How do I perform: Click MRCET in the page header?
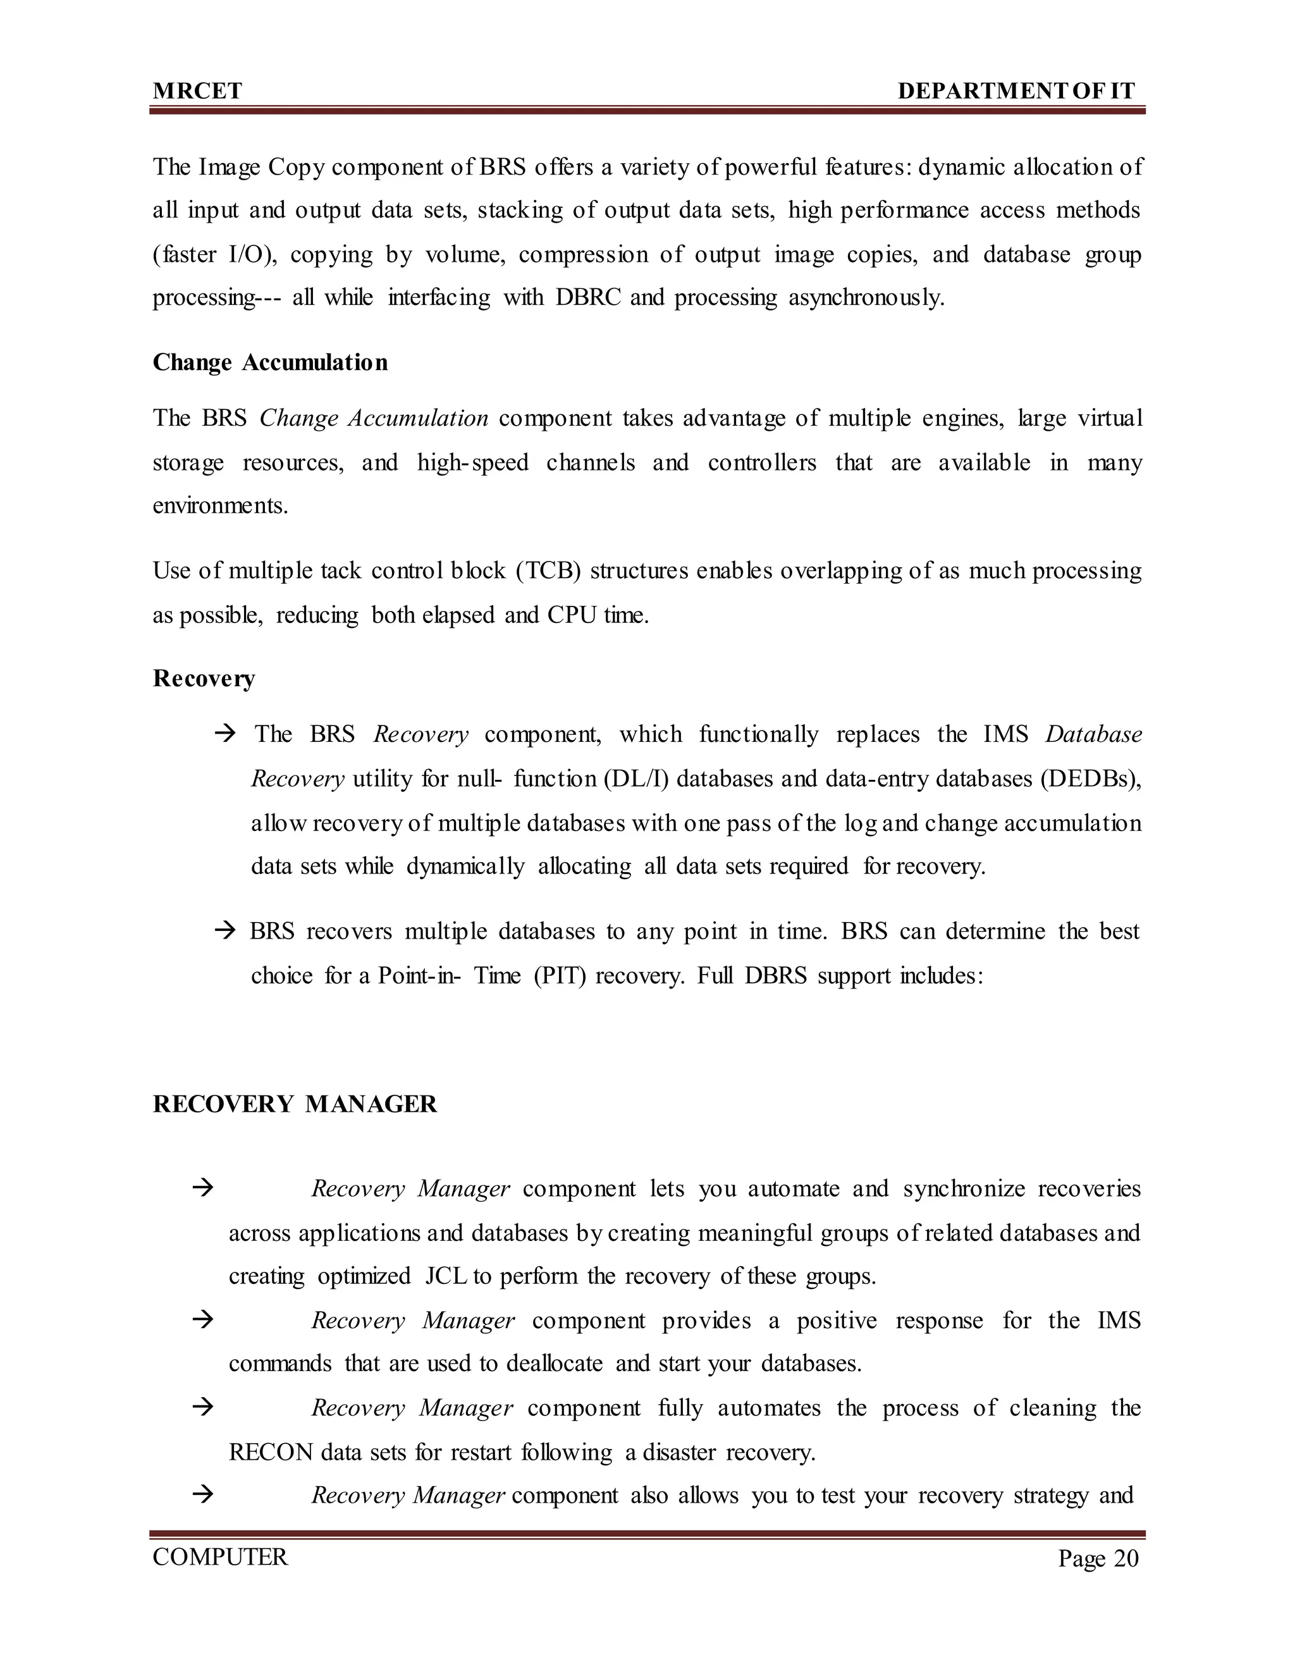coord(197,91)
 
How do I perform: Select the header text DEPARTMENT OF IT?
coord(1016,91)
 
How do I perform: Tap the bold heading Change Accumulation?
coord(270,362)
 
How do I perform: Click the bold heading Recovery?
coord(204,679)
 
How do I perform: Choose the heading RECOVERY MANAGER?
coord(295,1104)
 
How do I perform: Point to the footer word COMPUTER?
coord(220,1557)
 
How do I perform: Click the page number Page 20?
coord(1098,1558)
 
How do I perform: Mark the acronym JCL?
coord(446,1276)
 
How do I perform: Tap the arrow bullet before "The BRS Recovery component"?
coord(224,734)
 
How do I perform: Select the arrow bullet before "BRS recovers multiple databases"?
coord(224,932)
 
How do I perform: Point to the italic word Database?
coord(1093,734)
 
